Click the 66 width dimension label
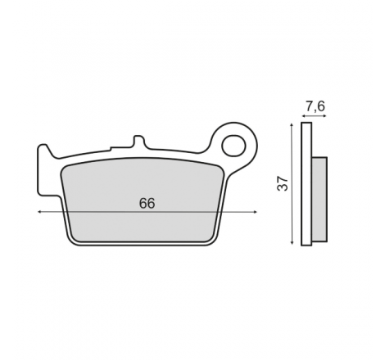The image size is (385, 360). pyautogui.click(x=147, y=204)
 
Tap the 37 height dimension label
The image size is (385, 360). pyautogui.click(x=283, y=183)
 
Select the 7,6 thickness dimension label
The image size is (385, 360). pyautogui.click(x=315, y=106)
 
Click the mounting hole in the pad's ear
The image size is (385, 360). pyautogui.click(x=233, y=146)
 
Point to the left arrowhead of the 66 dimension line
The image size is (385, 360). pyautogui.click(x=39, y=212)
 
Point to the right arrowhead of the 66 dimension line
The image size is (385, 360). pyautogui.click(x=256, y=212)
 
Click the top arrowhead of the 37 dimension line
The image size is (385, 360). pyautogui.click(x=292, y=124)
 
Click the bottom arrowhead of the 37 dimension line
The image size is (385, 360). pyautogui.click(x=292, y=242)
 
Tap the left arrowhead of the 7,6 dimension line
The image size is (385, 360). pyautogui.click(x=303, y=116)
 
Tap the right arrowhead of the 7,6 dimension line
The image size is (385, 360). pyautogui.click(x=324, y=116)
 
